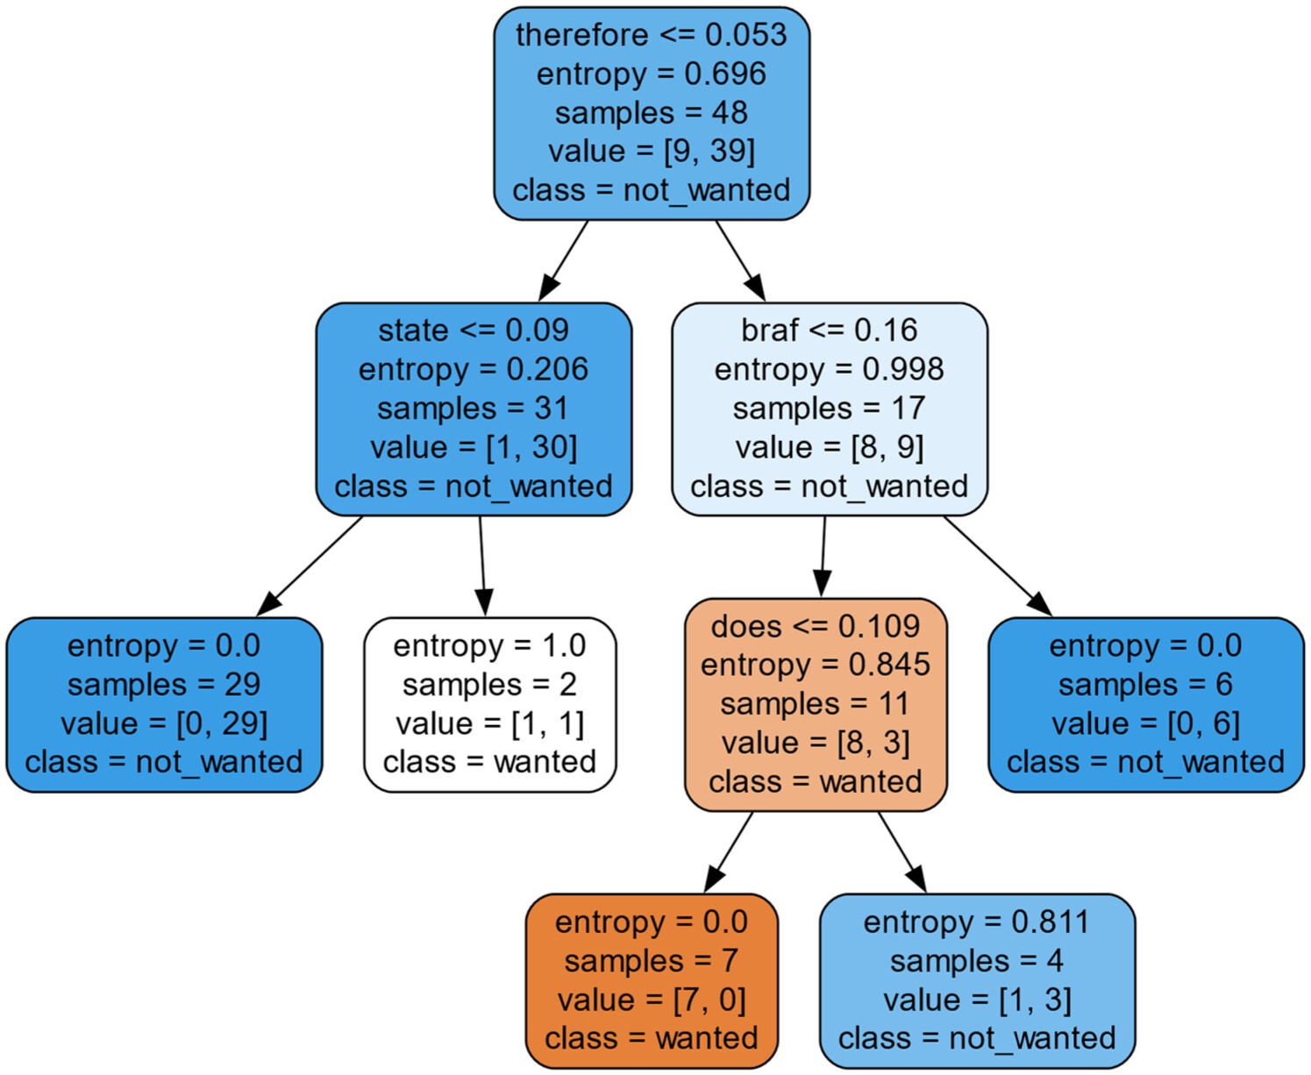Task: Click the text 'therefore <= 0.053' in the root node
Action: coord(651,35)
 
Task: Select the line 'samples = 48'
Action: coord(651,113)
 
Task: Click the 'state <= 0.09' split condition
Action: coord(474,331)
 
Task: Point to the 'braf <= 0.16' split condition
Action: coord(829,331)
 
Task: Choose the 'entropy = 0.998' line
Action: coord(829,369)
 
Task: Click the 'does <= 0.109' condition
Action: coord(816,626)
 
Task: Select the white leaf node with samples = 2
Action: coord(490,704)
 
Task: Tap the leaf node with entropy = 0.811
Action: coord(977,980)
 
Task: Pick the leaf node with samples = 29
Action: coord(164,704)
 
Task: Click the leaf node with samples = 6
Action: coord(1145,704)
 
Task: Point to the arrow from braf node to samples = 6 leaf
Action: coord(996,566)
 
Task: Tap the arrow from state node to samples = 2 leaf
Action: coord(482,566)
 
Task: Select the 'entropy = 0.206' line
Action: coord(474,369)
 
